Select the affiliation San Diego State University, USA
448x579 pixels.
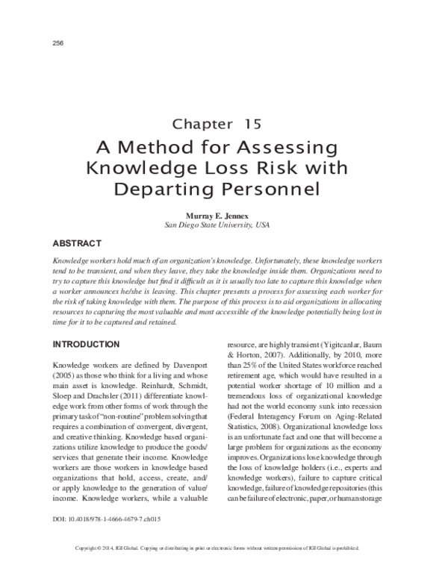point(217,224)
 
